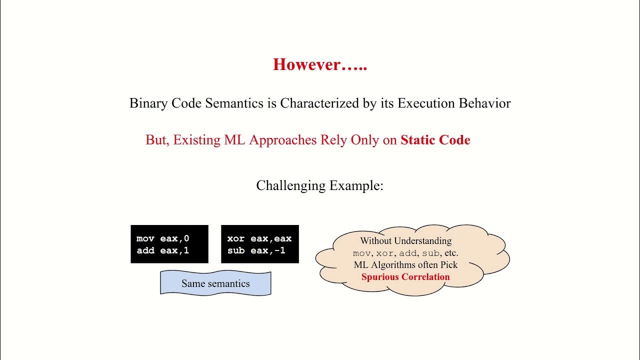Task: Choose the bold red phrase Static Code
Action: pyautogui.click(x=435, y=140)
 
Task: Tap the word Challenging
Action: pyautogui.click(x=290, y=185)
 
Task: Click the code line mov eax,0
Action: pyautogui.click(x=163, y=238)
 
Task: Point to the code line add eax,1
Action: pyautogui.click(x=163, y=250)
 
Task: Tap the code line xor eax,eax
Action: pyautogui.click(x=259, y=238)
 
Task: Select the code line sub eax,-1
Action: pyautogui.click(x=256, y=250)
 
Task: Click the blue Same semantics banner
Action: pyautogui.click(x=215, y=283)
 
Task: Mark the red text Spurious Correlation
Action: pyautogui.click(x=405, y=277)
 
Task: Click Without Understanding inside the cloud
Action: pyautogui.click(x=405, y=241)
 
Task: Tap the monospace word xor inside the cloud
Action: pyautogui.click(x=384, y=253)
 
